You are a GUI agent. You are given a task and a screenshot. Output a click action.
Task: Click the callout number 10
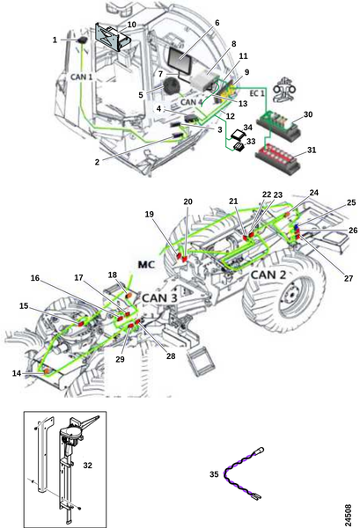pos(132,25)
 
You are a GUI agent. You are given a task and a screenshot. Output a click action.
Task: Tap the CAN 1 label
pos(82,77)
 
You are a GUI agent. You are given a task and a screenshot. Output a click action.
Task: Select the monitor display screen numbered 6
pos(180,62)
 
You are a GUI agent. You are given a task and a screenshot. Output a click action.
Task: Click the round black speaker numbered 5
pos(173,86)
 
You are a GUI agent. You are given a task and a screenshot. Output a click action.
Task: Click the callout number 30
pos(308,114)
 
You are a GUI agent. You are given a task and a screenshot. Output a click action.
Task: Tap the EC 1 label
pos(257,93)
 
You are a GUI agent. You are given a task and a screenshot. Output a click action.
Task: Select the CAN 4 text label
pos(191,101)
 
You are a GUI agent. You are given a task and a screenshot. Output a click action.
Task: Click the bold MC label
pos(147,264)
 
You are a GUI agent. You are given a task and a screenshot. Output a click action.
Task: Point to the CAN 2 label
pos(268,275)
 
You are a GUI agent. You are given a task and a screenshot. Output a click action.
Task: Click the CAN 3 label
pos(159,297)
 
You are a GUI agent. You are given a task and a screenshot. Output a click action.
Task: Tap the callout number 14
pos(17,373)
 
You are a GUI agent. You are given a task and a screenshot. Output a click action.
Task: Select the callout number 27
pos(349,278)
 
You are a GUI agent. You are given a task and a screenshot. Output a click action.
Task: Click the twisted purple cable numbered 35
pos(244,473)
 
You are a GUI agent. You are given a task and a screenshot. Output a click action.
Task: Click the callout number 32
pos(87,466)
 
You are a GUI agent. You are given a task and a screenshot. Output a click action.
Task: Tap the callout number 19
pos(150,214)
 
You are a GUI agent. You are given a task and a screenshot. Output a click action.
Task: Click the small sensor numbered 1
pos(82,40)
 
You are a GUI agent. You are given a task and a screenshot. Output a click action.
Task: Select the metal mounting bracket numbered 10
pos(113,37)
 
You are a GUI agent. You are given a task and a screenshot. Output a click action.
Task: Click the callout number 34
pos(248,128)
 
